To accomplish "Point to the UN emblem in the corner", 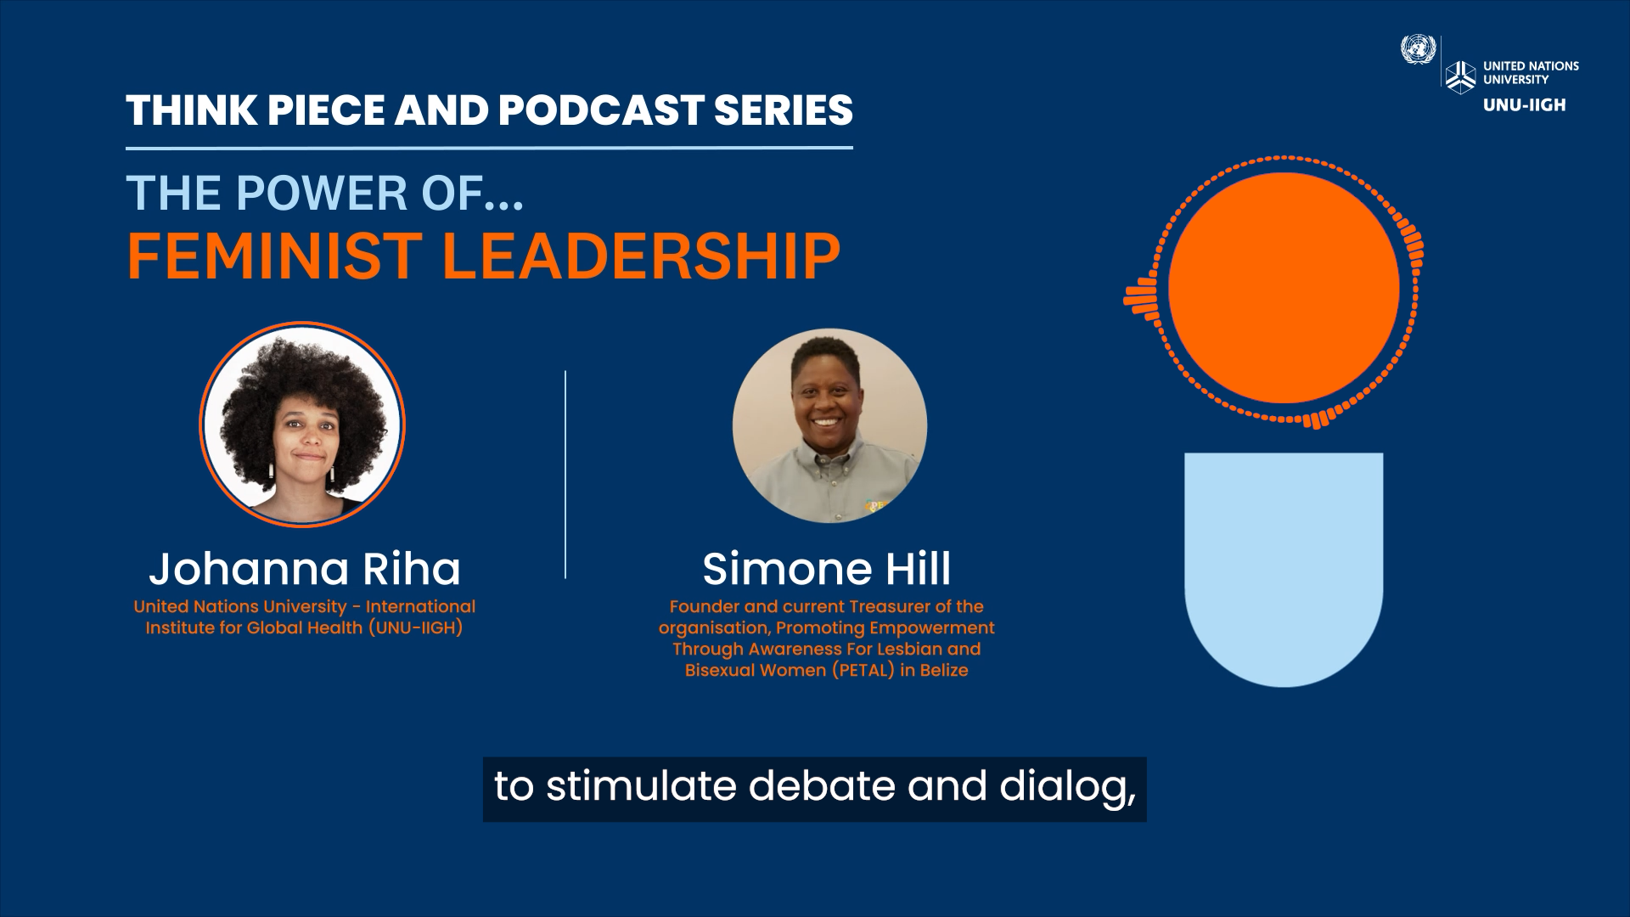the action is [x=1417, y=48].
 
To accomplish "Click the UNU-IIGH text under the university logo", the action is [x=1524, y=105].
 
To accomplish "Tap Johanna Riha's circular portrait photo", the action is [x=302, y=425].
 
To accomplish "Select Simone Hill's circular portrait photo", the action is [x=829, y=425].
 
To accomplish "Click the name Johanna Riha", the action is [x=305, y=569].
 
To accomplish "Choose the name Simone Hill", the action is [x=827, y=569].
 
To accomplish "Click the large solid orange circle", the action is [x=1284, y=288].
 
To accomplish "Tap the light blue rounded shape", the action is [x=1284, y=569].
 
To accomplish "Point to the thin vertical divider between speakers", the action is [x=565, y=475].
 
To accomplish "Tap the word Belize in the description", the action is [x=944, y=670].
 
